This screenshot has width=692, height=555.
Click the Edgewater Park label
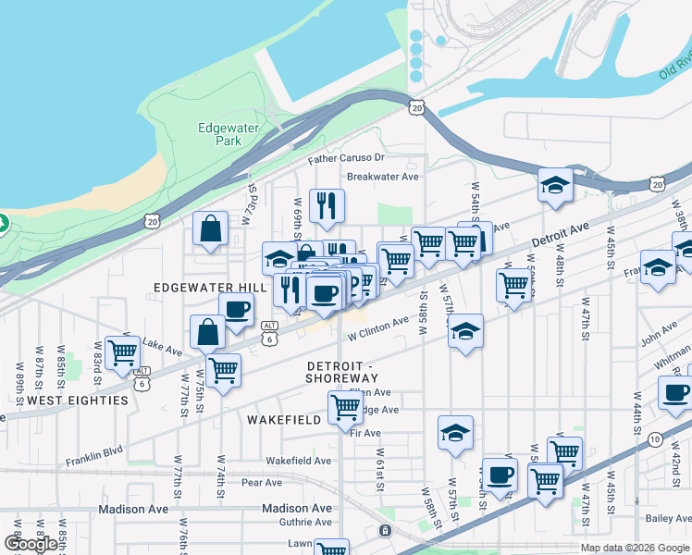point(220,135)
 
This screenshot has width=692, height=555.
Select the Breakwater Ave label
point(382,176)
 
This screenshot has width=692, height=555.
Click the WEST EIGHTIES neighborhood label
point(78,401)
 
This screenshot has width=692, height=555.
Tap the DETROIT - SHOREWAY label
point(342,372)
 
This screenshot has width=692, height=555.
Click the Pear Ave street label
point(261,483)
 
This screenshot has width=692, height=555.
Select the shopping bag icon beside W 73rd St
point(211,228)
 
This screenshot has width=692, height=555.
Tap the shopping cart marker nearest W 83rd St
point(122,352)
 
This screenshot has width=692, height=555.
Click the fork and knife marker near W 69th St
point(325,206)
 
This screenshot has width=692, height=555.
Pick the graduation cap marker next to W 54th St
point(555,185)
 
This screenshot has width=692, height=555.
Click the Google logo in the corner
point(30,544)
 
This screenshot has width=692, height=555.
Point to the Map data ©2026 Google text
point(635,548)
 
